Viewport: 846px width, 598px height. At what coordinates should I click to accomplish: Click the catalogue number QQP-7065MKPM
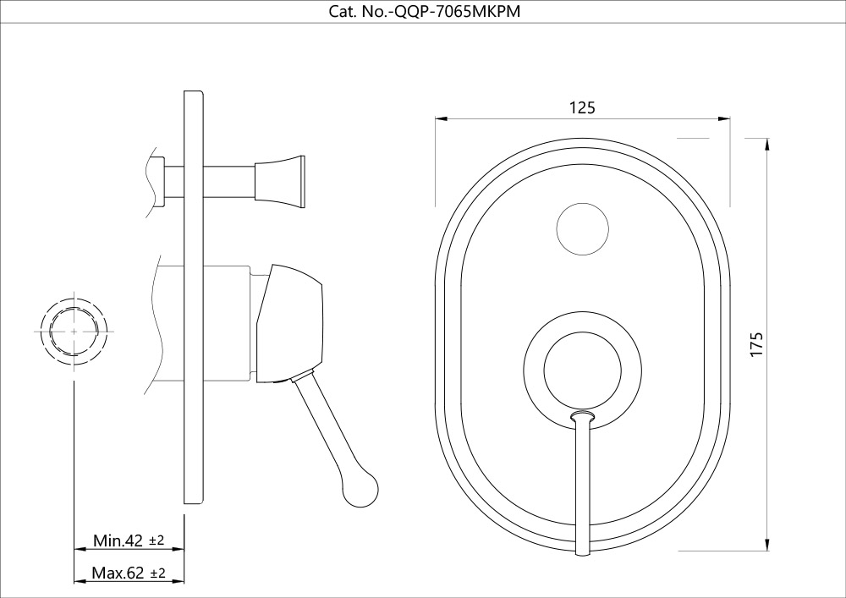click(458, 11)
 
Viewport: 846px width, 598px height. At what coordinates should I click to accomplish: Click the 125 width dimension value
click(582, 108)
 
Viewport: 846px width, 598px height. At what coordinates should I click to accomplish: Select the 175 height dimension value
click(757, 343)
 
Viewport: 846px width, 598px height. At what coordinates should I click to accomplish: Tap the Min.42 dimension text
click(118, 540)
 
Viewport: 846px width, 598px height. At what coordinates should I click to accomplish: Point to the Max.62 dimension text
click(118, 573)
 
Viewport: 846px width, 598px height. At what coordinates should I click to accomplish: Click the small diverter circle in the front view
click(583, 229)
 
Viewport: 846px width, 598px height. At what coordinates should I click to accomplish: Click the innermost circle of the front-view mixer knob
click(583, 370)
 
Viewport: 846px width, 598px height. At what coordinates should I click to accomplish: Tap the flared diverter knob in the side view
click(280, 182)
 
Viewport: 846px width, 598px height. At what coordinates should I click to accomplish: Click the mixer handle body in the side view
click(290, 324)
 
